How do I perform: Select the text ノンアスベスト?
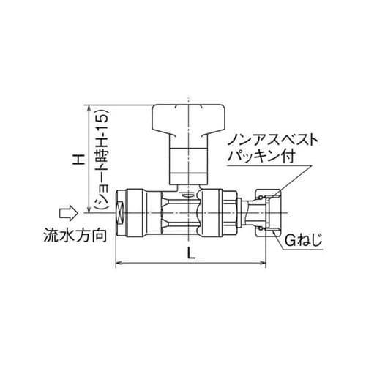click(269, 138)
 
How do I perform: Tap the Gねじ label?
click(302, 239)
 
